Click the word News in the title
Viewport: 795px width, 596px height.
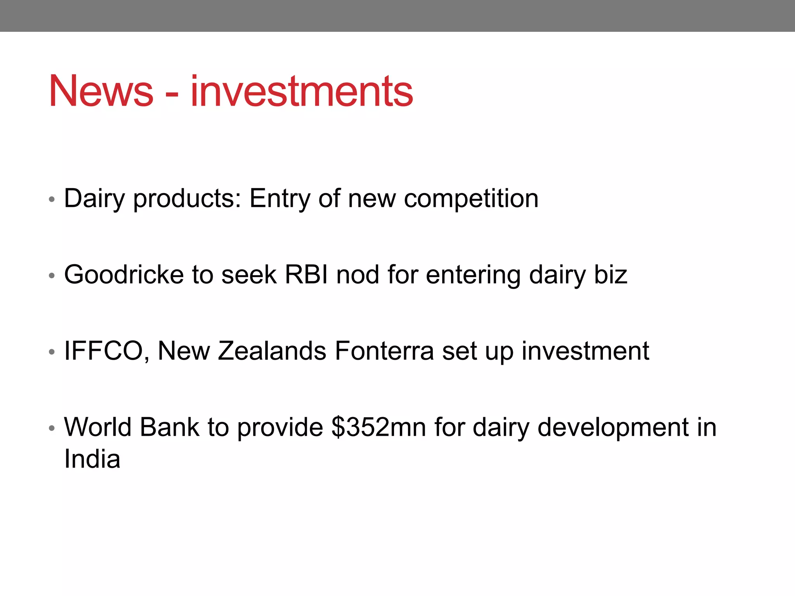click(101, 91)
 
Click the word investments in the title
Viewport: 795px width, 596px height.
click(302, 91)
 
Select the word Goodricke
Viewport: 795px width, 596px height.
click(123, 275)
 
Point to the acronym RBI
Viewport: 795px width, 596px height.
click(306, 275)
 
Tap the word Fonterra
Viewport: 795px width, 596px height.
click(384, 351)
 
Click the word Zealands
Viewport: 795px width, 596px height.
click(272, 351)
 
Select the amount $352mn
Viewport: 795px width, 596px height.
click(379, 427)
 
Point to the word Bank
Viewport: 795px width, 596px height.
click(169, 427)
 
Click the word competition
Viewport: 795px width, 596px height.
click(471, 199)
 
